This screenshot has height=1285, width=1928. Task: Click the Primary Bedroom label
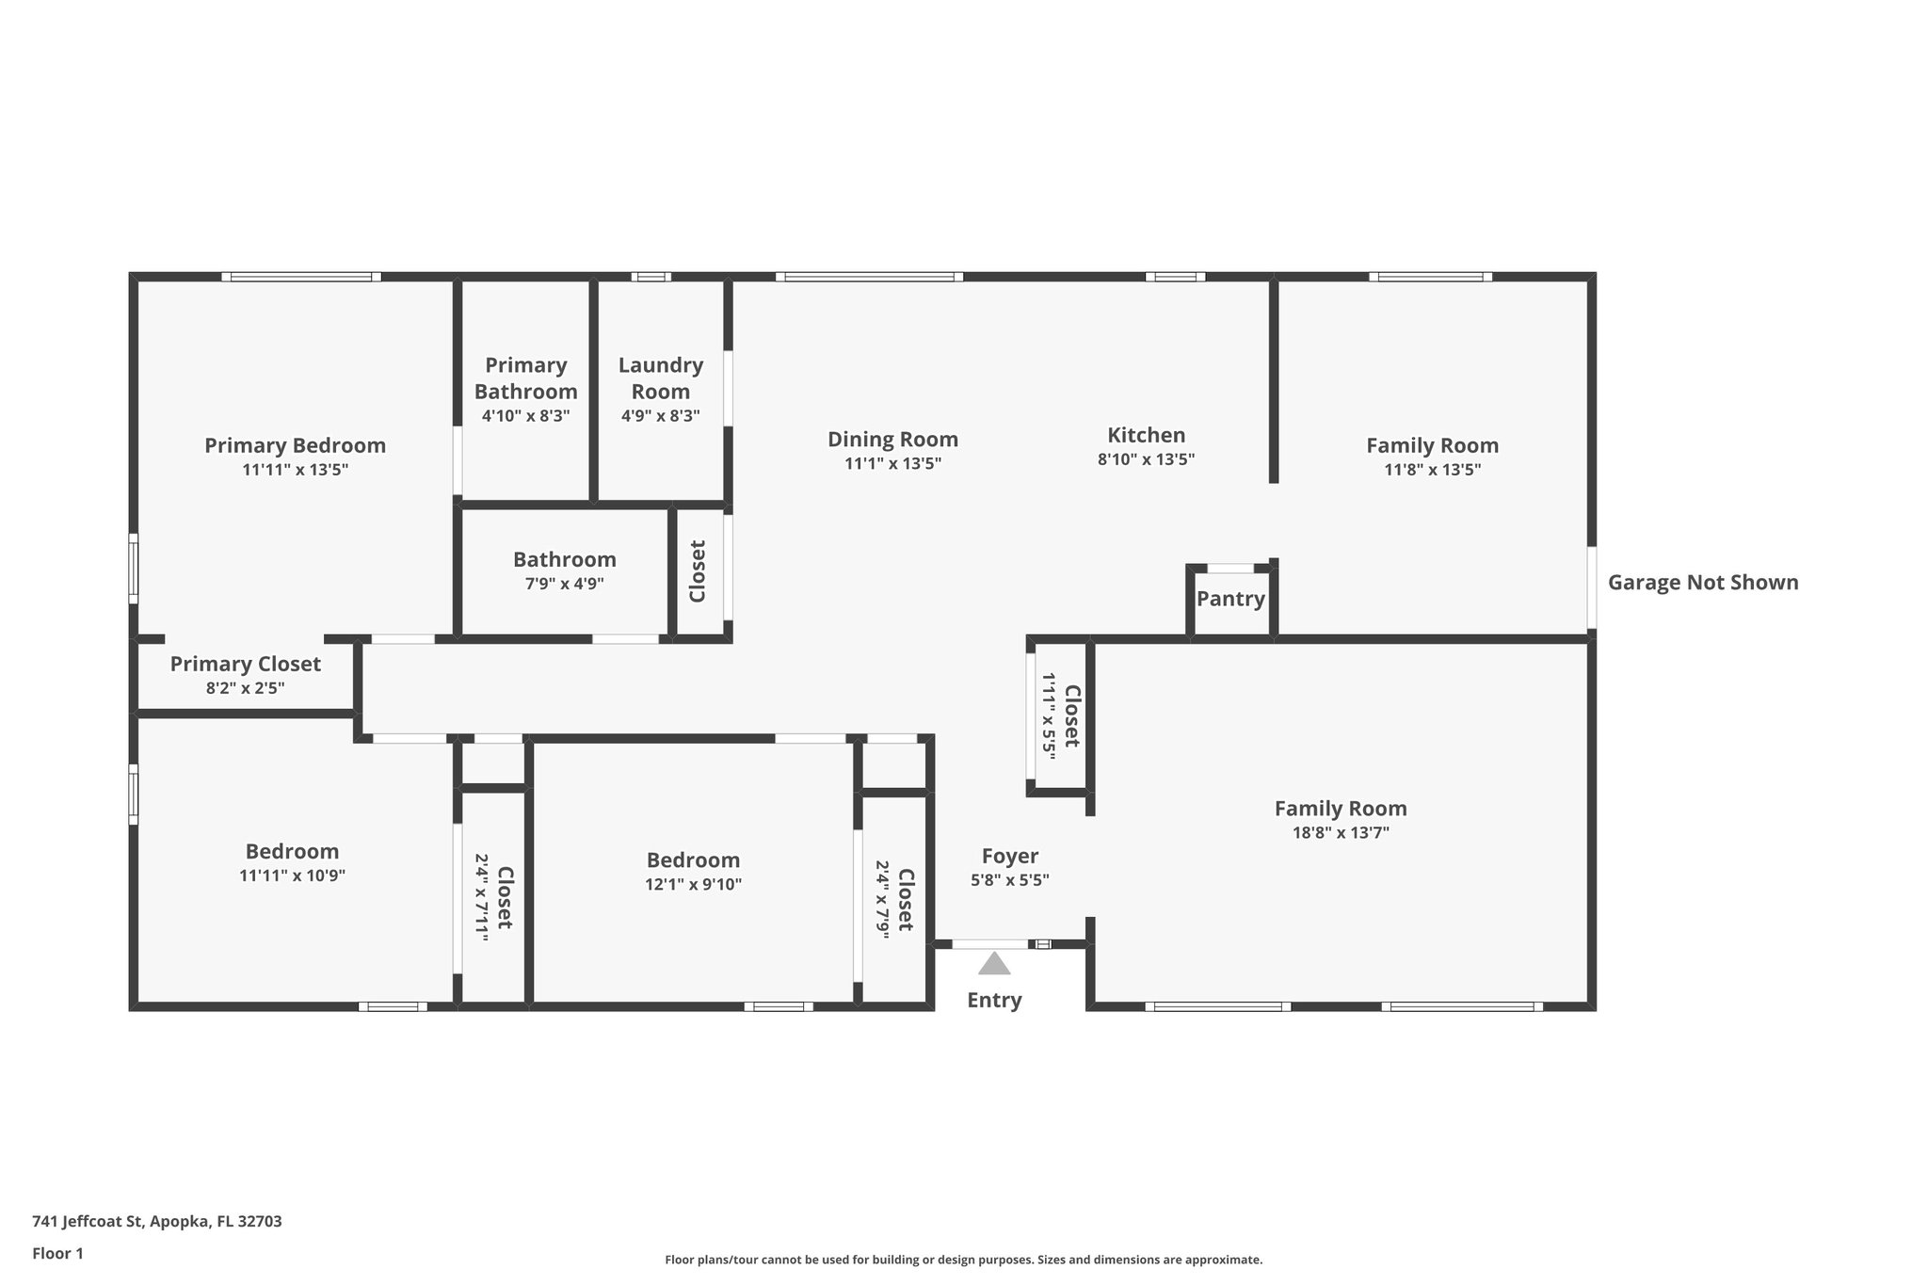[x=295, y=445]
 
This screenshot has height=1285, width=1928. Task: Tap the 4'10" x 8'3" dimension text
[x=525, y=416]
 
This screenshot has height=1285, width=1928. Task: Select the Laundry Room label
[x=660, y=377]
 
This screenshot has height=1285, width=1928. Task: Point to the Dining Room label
[x=892, y=440]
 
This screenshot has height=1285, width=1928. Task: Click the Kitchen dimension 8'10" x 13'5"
[x=1146, y=460]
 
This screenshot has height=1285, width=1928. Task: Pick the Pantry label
[x=1230, y=599]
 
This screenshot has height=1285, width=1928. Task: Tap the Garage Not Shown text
[x=1702, y=583]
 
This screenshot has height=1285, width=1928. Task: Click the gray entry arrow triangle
[x=994, y=964]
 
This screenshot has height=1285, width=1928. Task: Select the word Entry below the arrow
[x=994, y=1001]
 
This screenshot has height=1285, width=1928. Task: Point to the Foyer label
[x=1009, y=857]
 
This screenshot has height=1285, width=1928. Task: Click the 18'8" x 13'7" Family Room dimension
[x=1341, y=833]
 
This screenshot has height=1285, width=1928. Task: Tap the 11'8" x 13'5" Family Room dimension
[x=1432, y=470]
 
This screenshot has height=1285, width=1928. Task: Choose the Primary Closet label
[x=245, y=665]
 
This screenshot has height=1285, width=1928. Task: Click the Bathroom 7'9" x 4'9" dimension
[x=564, y=584]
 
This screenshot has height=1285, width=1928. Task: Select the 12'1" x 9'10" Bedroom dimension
[x=693, y=885]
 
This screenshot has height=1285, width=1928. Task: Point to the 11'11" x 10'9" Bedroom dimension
[x=292, y=875]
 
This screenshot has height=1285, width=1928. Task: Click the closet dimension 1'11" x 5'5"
[x=1049, y=715]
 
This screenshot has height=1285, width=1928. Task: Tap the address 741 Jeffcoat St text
[x=156, y=1222]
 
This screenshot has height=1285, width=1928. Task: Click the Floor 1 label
[x=57, y=1254]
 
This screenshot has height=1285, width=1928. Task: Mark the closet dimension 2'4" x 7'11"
[x=481, y=897]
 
